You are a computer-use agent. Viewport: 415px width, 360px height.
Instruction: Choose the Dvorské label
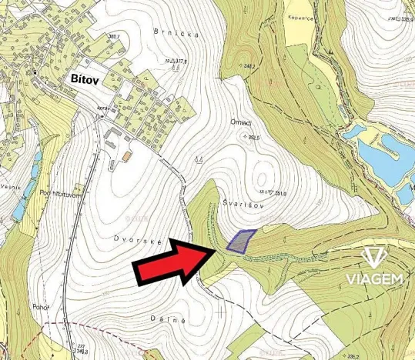[139, 240]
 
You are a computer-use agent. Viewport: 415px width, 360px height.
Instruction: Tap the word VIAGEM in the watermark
[373, 278]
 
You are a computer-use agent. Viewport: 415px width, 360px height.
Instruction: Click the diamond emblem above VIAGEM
[373, 257]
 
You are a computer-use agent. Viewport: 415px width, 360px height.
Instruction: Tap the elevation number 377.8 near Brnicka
[179, 61]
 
